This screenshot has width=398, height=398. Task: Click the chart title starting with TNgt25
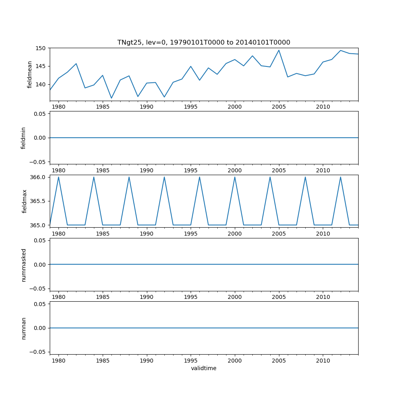point(203,42)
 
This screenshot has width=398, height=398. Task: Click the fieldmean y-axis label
point(29,74)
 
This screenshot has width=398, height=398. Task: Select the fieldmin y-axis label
point(23,138)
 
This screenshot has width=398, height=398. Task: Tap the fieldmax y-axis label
point(24,201)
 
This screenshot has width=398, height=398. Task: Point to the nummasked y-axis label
point(23,265)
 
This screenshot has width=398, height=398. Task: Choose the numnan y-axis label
point(23,328)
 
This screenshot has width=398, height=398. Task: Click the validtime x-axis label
point(203,368)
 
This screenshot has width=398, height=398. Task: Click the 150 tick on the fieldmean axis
point(42,48)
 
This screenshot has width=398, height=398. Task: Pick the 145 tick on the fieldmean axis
point(42,66)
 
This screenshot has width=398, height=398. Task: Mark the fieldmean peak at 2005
point(279,50)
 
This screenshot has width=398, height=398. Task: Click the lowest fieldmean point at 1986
point(111,98)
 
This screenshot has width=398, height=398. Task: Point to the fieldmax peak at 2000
point(235,177)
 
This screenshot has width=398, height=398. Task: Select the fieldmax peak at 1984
point(94,177)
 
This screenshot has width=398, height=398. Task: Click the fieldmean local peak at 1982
point(76,64)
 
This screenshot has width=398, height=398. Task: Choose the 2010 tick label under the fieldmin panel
point(323,170)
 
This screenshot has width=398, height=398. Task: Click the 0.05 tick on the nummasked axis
point(40,240)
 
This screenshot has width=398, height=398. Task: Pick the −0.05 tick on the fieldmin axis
point(39,162)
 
